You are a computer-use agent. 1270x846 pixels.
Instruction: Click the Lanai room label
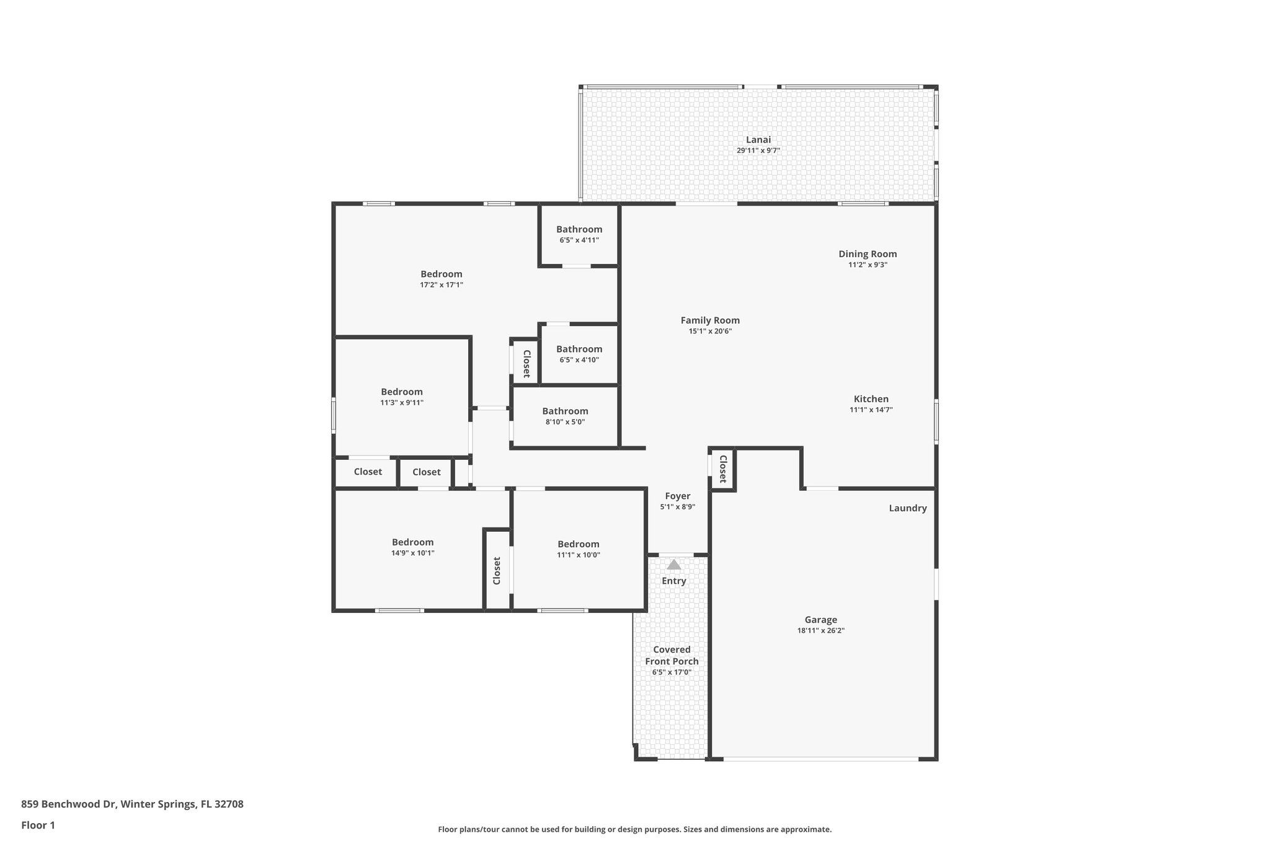click(x=758, y=140)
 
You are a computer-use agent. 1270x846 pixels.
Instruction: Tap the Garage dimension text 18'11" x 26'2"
click(x=820, y=631)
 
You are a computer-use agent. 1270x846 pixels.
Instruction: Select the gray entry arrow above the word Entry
click(x=673, y=565)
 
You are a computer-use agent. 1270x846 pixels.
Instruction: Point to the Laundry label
click(x=907, y=508)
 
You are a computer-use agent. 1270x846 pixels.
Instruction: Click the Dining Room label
click(x=867, y=254)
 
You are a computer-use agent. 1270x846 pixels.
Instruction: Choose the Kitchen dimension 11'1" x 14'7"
click(x=871, y=410)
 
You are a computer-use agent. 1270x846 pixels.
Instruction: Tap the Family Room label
click(x=709, y=320)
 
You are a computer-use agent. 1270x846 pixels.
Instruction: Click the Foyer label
click(x=677, y=496)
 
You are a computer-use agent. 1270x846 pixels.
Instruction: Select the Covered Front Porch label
click(x=672, y=655)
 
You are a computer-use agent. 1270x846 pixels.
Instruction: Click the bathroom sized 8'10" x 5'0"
click(x=565, y=416)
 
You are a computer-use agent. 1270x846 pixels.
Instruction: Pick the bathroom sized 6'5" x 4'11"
click(x=579, y=234)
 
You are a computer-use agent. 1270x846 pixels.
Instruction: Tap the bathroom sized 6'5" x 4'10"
click(x=579, y=353)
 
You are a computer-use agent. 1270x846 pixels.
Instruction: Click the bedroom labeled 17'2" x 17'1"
click(x=441, y=279)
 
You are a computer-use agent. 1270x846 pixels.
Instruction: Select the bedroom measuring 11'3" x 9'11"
click(x=401, y=397)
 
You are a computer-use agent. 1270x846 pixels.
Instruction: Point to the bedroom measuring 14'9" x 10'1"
click(x=412, y=547)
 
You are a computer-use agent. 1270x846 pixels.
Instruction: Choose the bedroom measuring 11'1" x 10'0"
click(x=578, y=549)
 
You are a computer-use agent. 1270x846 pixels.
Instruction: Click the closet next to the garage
click(x=722, y=469)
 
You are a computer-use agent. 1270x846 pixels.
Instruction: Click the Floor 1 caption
click(x=38, y=826)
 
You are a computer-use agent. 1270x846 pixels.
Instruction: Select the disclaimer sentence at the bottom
click(x=634, y=829)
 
